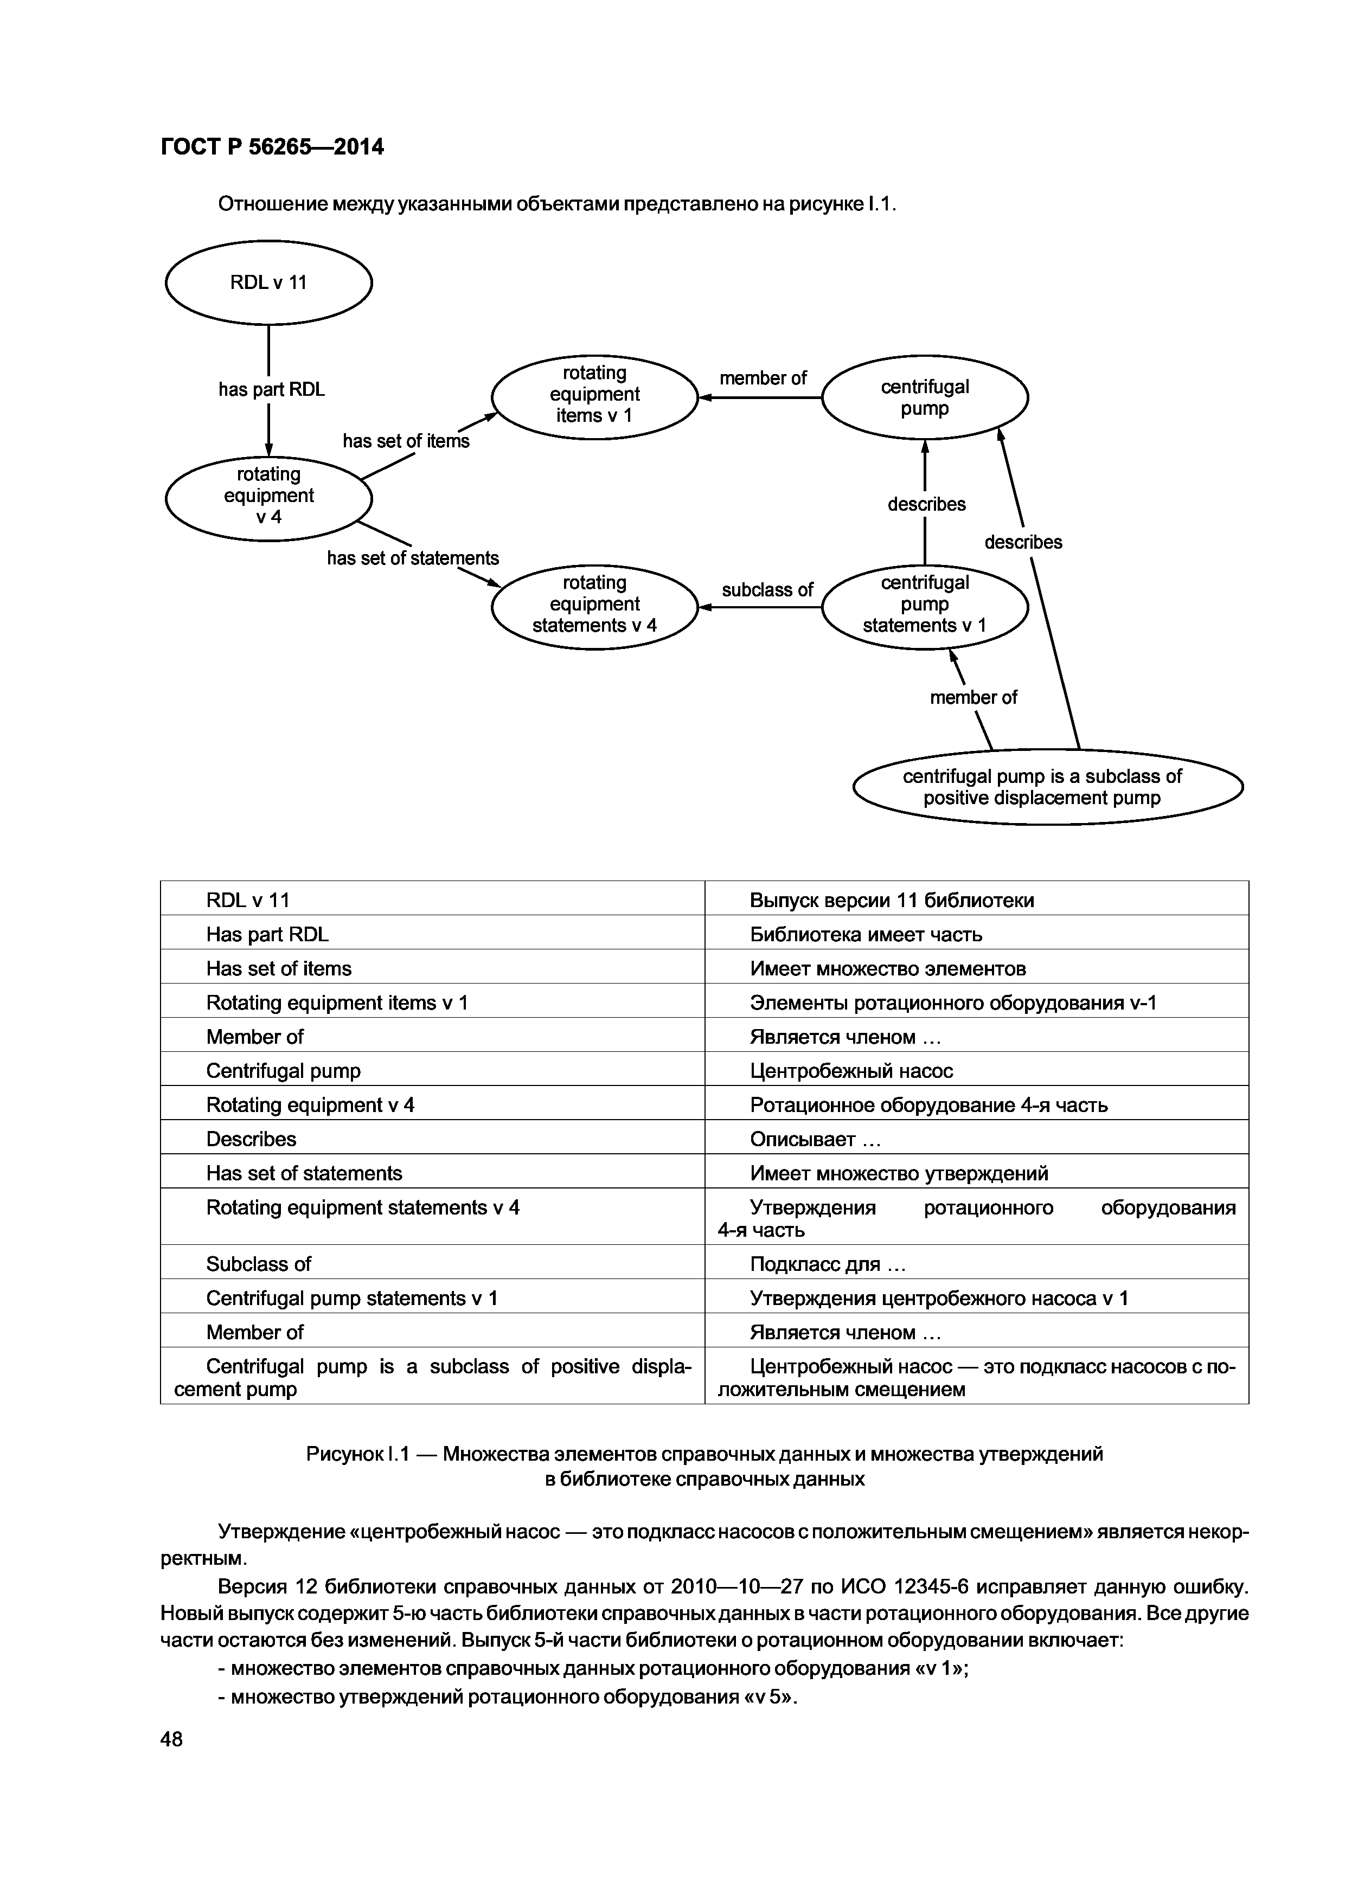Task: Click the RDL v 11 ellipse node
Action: pos(268,282)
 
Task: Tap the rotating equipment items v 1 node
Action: pos(594,396)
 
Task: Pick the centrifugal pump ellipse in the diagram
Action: pos(925,397)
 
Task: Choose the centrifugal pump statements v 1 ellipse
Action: pos(925,606)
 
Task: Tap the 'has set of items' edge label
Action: pos(406,441)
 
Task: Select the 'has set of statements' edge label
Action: pos(413,558)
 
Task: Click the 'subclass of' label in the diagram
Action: pos(767,590)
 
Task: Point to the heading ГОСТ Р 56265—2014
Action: pos(272,147)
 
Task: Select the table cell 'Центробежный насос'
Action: pos(851,1071)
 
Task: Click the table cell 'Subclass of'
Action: pos(259,1264)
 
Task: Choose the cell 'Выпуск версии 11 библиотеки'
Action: pos(892,901)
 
